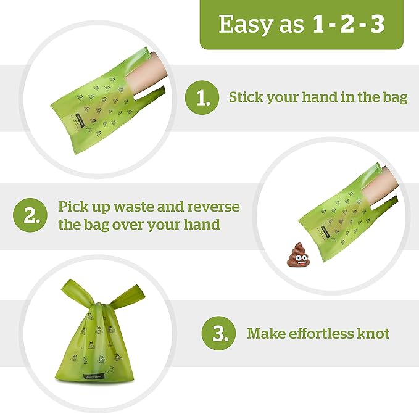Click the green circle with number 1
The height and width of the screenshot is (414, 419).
click(202, 97)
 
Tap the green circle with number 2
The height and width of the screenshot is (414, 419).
click(30, 215)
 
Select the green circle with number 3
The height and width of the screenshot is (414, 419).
click(219, 334)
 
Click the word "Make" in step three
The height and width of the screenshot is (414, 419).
click(263, 334)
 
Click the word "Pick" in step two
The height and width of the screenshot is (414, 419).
click(73, 206)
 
